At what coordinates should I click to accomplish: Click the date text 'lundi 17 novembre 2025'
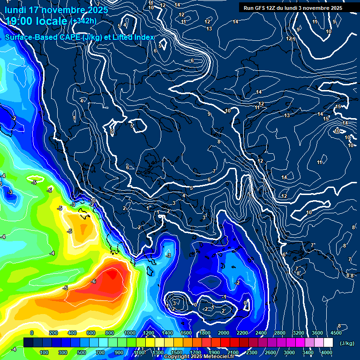(x=56, y=10)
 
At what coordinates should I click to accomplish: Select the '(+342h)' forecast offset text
(x=83, y=21)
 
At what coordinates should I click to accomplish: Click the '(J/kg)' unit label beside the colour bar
(x=346, y=344)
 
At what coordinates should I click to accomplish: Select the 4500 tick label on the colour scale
(x=336, y=333)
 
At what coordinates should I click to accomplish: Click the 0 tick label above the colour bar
(x=32, y=333)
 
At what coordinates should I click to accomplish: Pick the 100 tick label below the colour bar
(x=45, y=352)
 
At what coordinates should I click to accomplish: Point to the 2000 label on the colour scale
(x=223, y=333)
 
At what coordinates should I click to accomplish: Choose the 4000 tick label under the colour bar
(x=327, y=352)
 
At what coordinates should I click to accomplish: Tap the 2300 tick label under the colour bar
(x=252, y=352)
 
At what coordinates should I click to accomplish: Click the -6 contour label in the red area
(x=94, y=281)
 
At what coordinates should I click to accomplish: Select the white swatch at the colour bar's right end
(x=332, y=343)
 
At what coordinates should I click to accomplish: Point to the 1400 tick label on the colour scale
(x=167, y=333)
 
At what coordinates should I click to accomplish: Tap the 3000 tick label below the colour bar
(x=289, y=352)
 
